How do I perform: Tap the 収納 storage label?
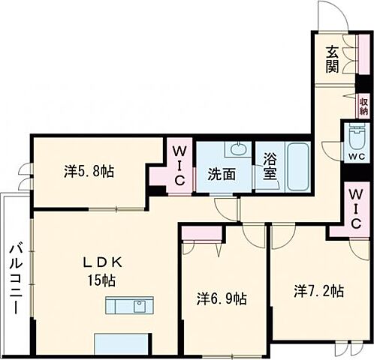[x=363, y=106]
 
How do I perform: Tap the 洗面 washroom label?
[x=222, y=174]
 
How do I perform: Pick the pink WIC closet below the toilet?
[x=354, y=209]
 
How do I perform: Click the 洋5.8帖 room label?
[x=89, y=172]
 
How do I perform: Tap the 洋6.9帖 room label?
[x=221, y=298]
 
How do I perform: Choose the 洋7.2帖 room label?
[x=318, y=290]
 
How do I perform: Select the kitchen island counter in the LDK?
[x=130, y=306]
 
